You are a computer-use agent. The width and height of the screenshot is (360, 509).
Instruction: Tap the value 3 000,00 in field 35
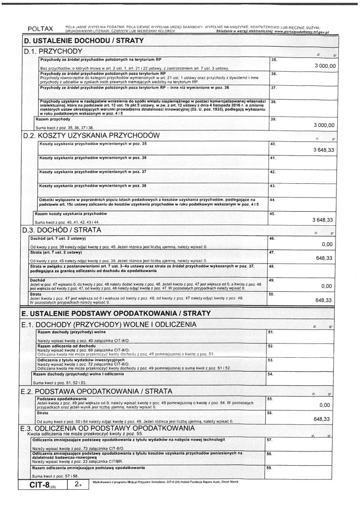tap(325, 66)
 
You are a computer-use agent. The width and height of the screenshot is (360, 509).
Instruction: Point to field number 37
tap(273, 88)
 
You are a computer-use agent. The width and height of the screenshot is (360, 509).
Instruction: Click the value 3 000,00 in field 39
tap(325, 125)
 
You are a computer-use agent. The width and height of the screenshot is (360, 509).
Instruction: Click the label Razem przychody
tap(53, 119)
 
